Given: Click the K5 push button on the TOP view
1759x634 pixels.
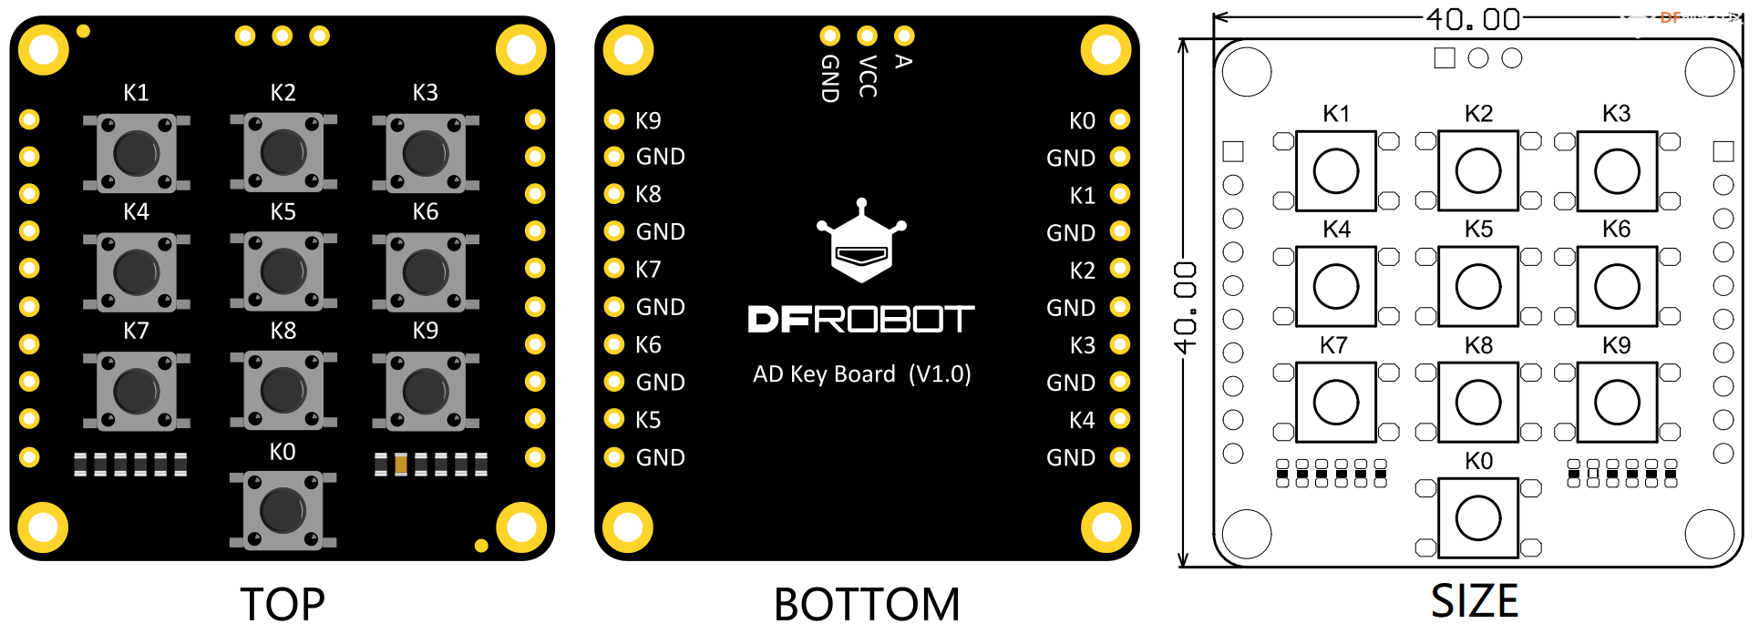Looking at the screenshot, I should [283, 271].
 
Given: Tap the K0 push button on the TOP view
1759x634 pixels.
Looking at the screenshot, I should [283, 510].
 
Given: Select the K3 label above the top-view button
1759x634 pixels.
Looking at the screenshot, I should [425, 92].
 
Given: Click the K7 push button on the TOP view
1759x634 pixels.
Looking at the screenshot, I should [136, 391].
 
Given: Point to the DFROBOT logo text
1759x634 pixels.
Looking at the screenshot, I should [860, 319].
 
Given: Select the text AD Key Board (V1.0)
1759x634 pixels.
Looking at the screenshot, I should [861, 374].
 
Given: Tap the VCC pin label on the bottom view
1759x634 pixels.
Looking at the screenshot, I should [868, 77].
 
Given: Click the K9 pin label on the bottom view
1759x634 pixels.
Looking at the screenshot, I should [648, 120].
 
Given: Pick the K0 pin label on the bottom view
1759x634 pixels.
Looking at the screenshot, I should [1082, 121].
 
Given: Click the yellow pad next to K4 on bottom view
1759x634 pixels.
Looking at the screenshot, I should [1120, 419].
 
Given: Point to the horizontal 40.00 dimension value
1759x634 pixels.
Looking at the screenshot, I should [1473, 18].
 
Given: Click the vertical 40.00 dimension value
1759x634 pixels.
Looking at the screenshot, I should [1185, 307].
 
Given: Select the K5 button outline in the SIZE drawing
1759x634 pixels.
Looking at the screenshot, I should [1477, 286].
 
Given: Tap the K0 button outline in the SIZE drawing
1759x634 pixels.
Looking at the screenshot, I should [1477, 518].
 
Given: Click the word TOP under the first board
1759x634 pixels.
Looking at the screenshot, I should [283, 604].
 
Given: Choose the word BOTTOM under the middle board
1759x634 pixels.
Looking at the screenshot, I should [867, 604].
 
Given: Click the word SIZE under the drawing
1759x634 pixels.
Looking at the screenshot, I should [1474, 601].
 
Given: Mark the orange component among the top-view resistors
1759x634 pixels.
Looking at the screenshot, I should [401, 465].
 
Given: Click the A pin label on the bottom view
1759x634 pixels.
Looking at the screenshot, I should [903, 61].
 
